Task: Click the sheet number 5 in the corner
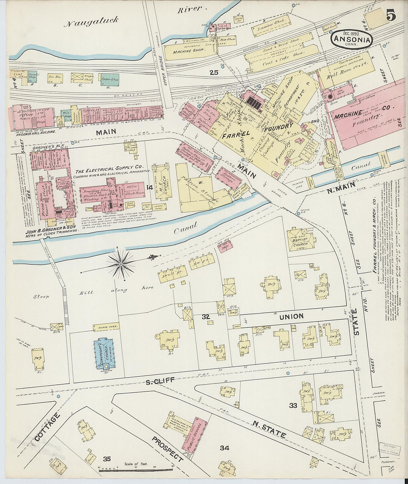(x=391, y=16)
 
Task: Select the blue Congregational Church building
(x=104, y=353)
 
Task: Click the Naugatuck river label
(x=91, y=22)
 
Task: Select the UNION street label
(x=291, y=316)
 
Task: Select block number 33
(x=293, y=405)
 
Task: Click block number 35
(x=107, y=459)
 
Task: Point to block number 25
(x=213, y=73)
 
